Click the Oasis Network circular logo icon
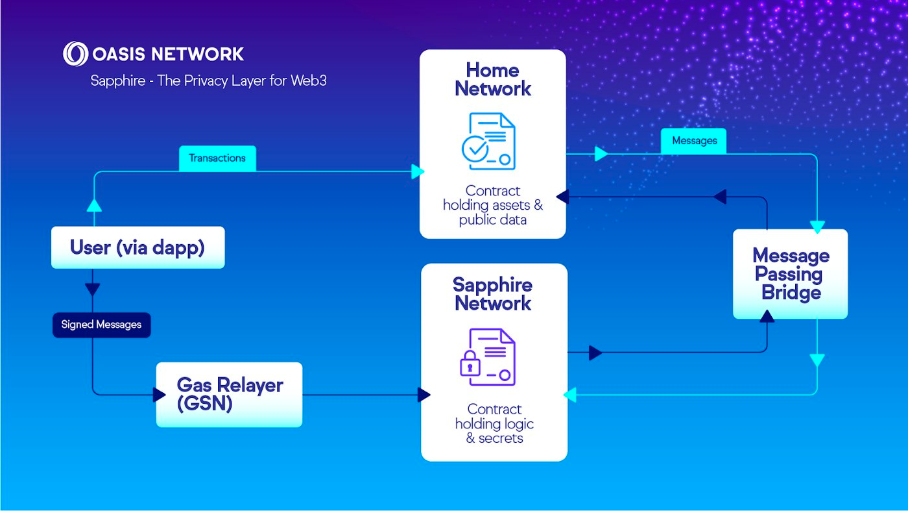click(x=75, y=54)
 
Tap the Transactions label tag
click(x=217, y=158)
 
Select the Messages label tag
click(x=694, y=141)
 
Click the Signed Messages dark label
click(x=101, y=325)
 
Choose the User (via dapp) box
click(x=137, y=247)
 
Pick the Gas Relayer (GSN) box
click(x=229, y=394)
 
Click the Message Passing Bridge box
click(x=790, y=273)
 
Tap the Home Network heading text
click(x=493, y=79)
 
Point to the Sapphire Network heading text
click(x=493, y=293)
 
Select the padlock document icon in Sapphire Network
click(x=487, y=356)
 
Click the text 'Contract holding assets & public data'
click(x=493, y=205)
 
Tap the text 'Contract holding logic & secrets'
click(x=494, y=423)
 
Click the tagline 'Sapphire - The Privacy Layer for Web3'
click(x=208, y=82)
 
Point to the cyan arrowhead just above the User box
click(x=94, y=205)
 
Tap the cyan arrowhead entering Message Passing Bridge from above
click(x=817, y=227)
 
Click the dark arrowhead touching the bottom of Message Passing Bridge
click(x=767, y=316)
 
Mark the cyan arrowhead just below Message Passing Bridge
click(x=817, y=360)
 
